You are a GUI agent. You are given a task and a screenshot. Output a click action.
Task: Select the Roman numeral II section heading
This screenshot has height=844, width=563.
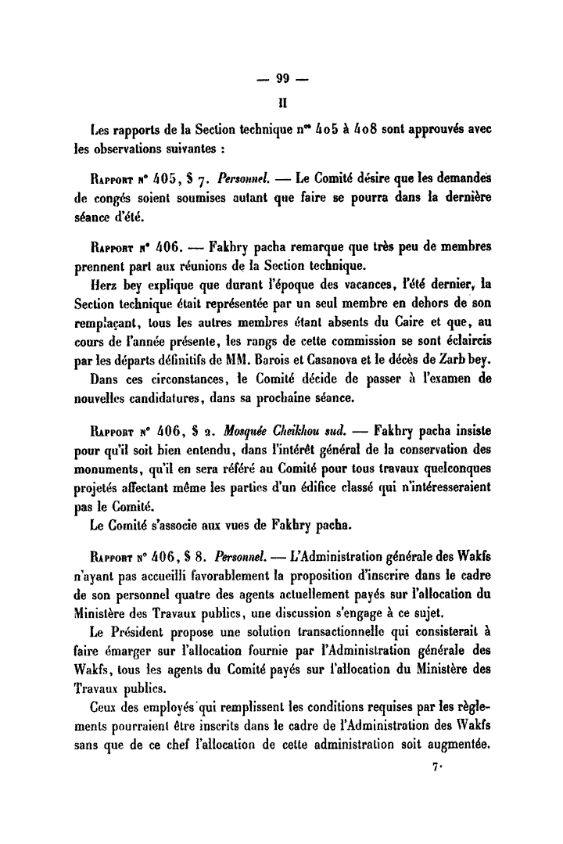pos(282,101)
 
